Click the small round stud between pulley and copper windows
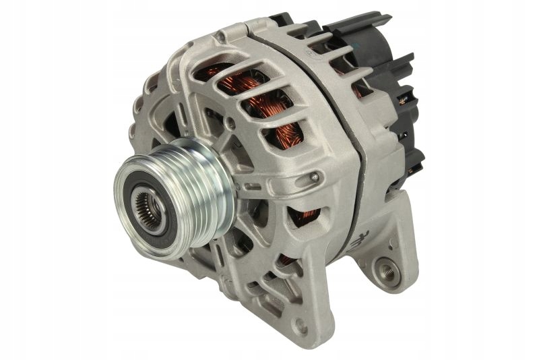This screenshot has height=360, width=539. [x=230, y=123]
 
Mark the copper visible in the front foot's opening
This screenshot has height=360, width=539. [x=286, y=259]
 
